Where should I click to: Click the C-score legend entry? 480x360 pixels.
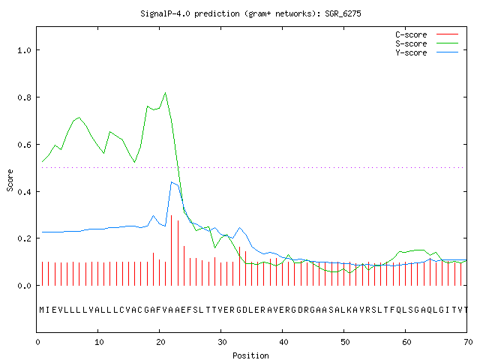(427, 34)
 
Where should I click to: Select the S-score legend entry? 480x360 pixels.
(427, 43)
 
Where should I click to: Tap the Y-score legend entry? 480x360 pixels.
(427, 52)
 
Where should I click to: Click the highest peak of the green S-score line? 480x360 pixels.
(165, 92)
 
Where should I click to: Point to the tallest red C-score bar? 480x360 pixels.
(172, 250)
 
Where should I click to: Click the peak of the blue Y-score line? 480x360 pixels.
(172, 182)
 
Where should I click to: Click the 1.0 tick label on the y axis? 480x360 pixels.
(24, 50)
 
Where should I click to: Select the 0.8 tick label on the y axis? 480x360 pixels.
(24, 97)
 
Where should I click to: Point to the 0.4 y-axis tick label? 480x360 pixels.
(24, 192)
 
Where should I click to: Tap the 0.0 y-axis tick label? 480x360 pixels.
(24, 286)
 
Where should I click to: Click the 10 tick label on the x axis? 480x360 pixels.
(99, 342)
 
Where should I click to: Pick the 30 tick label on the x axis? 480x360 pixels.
(222, 342)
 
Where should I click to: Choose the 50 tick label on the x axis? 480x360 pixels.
(345, 342)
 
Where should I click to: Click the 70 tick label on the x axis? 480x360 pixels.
(468, 342)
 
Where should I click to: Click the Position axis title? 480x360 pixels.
(250, 355)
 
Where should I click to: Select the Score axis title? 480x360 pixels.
(10, 180)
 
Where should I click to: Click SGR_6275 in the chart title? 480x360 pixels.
(343, 13)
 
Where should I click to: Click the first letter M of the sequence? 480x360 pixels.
(42, 310)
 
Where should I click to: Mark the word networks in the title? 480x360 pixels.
(293, 13)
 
